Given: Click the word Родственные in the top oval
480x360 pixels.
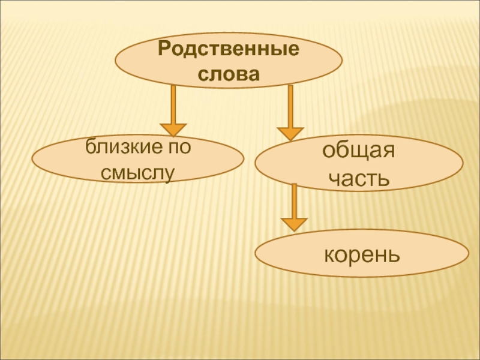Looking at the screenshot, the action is click(229, 49).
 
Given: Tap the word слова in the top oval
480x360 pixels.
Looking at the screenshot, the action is click(228, 74).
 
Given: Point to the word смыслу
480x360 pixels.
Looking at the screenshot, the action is click(137, 173).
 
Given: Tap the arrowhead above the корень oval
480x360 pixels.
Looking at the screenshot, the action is click(294, 224).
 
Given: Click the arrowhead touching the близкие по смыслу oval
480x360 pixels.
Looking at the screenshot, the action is click(173, 129).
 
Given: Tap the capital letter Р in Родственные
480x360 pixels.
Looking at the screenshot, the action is click(163, 49).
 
